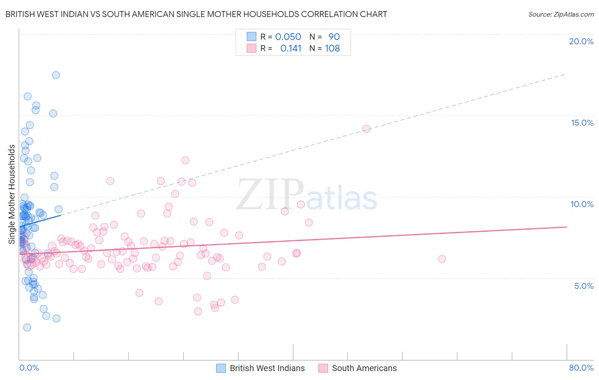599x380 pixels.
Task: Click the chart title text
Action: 196,14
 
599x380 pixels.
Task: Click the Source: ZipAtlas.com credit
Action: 561,14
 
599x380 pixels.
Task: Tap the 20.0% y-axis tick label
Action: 581,41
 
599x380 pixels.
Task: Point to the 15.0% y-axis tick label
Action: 582,123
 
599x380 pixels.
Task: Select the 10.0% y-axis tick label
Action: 582,204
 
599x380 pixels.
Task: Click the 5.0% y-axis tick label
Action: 584,286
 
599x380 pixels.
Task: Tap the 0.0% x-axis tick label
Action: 29,368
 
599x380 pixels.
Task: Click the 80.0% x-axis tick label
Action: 581,368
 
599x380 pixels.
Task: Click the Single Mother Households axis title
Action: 12,194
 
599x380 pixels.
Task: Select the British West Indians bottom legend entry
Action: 267,368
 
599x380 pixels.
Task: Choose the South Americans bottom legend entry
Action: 364,368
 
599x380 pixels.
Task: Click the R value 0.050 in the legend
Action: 288,37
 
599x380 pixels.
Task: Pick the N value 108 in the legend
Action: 332,48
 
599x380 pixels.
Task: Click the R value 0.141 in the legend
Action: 291,48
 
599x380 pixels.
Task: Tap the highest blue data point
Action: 56,75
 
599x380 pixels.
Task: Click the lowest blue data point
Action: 27,328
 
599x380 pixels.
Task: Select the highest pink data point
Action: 366,129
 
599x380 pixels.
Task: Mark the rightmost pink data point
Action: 442,259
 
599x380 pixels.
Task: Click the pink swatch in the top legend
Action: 251,48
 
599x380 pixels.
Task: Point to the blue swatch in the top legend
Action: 251,37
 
